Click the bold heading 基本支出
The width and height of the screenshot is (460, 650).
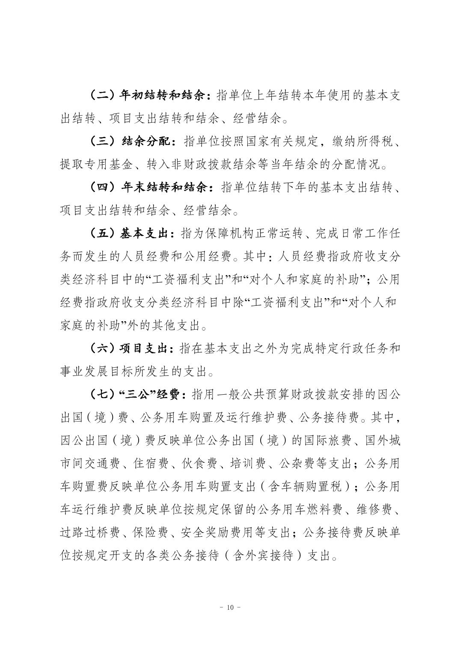click(146, 233)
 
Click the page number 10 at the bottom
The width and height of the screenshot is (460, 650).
click(230, 608)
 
